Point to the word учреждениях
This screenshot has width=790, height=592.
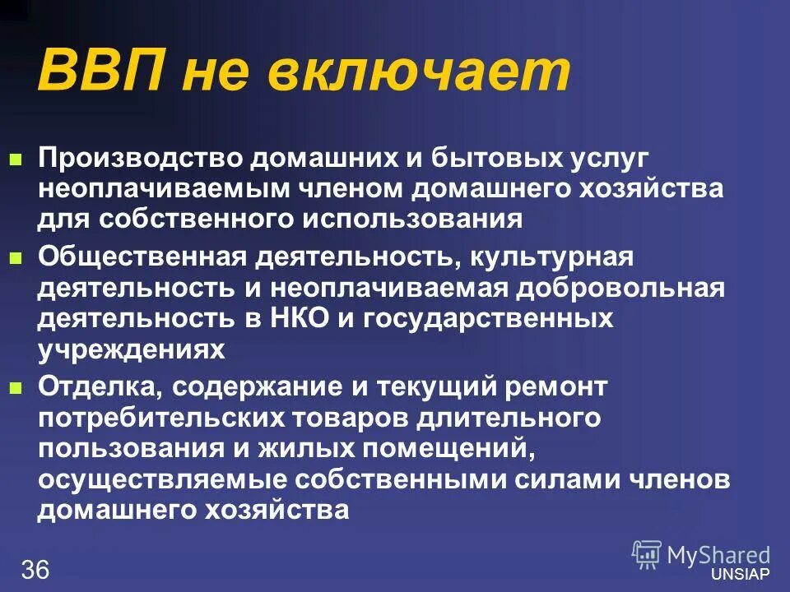(132, 349)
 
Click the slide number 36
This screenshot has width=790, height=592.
(35, 570)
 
